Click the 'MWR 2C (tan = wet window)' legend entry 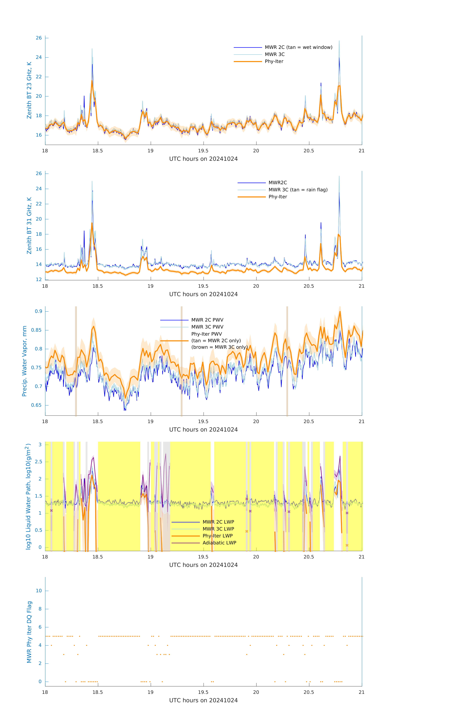[x=298, y=47]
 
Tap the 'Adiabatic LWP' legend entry [x=219, y=543]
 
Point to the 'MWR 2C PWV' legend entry [x=207, y=320]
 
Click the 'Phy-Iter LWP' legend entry [x=217, y=536]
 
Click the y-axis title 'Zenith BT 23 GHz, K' [x=29, y=90]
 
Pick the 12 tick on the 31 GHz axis [x=39, y=279]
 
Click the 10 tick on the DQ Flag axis [x=39, y=591]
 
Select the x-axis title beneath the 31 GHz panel [x=203, y=294]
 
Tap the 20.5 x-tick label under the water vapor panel [x=309, y=422]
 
